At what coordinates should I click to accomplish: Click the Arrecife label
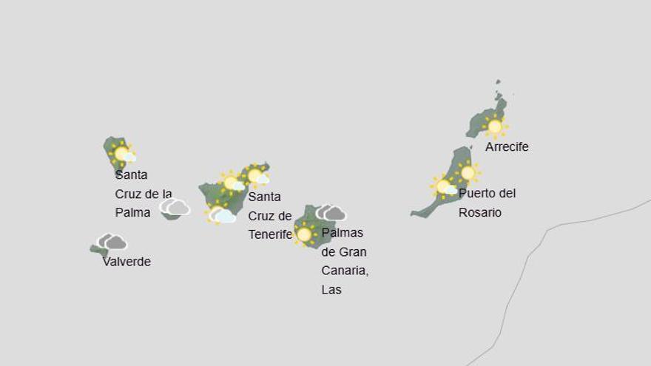(x=507, y=147)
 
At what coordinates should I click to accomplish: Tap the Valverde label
(x=127, y=262)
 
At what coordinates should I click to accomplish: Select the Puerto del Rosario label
(x=487, y=203)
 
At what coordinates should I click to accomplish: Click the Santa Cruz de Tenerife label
(x=270, y=216)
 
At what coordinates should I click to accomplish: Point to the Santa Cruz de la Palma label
(x=144, y=194)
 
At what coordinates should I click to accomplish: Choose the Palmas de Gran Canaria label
(x=345, y=261)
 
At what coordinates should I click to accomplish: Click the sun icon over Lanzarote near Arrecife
(x=495, y=126)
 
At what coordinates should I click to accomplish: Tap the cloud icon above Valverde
(x=112, y=242)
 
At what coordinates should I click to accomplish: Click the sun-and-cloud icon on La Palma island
(x=123, y=154)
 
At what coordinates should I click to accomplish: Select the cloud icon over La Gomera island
(x=175, y=207)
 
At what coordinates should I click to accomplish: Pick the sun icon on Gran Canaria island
(x=304, y=234)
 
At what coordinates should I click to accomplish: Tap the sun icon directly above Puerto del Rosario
(x=468, y=173)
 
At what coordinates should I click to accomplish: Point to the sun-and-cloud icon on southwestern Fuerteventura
(x=445, y=187)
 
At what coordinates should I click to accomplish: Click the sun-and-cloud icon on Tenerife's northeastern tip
(x=257, y=176)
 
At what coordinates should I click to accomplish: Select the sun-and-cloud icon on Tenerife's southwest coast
(x=221, y=215)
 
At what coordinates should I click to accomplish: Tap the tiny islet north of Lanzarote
(x=499, y=83)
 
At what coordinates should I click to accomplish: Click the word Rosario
(x=480, y=212)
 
